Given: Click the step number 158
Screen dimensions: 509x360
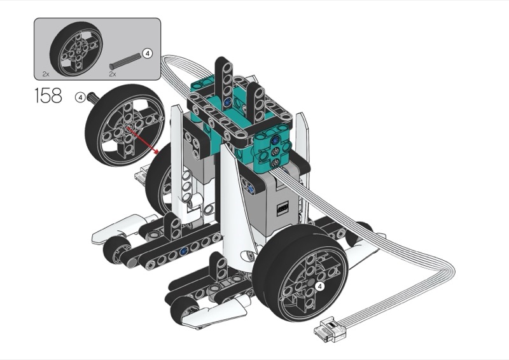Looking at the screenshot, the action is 48,95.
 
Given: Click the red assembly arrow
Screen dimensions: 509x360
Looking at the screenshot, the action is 143,140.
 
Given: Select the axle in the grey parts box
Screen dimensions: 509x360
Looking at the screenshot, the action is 125,60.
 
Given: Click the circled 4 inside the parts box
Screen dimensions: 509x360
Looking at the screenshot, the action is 148,53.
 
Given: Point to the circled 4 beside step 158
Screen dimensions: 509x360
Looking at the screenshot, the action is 80,97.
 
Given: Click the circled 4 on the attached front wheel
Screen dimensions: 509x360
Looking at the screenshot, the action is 320,286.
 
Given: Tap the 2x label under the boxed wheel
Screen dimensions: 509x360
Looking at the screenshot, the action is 46,74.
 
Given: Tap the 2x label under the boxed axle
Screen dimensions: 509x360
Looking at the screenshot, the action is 113,74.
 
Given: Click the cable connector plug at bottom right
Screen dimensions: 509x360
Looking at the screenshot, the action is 330,329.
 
